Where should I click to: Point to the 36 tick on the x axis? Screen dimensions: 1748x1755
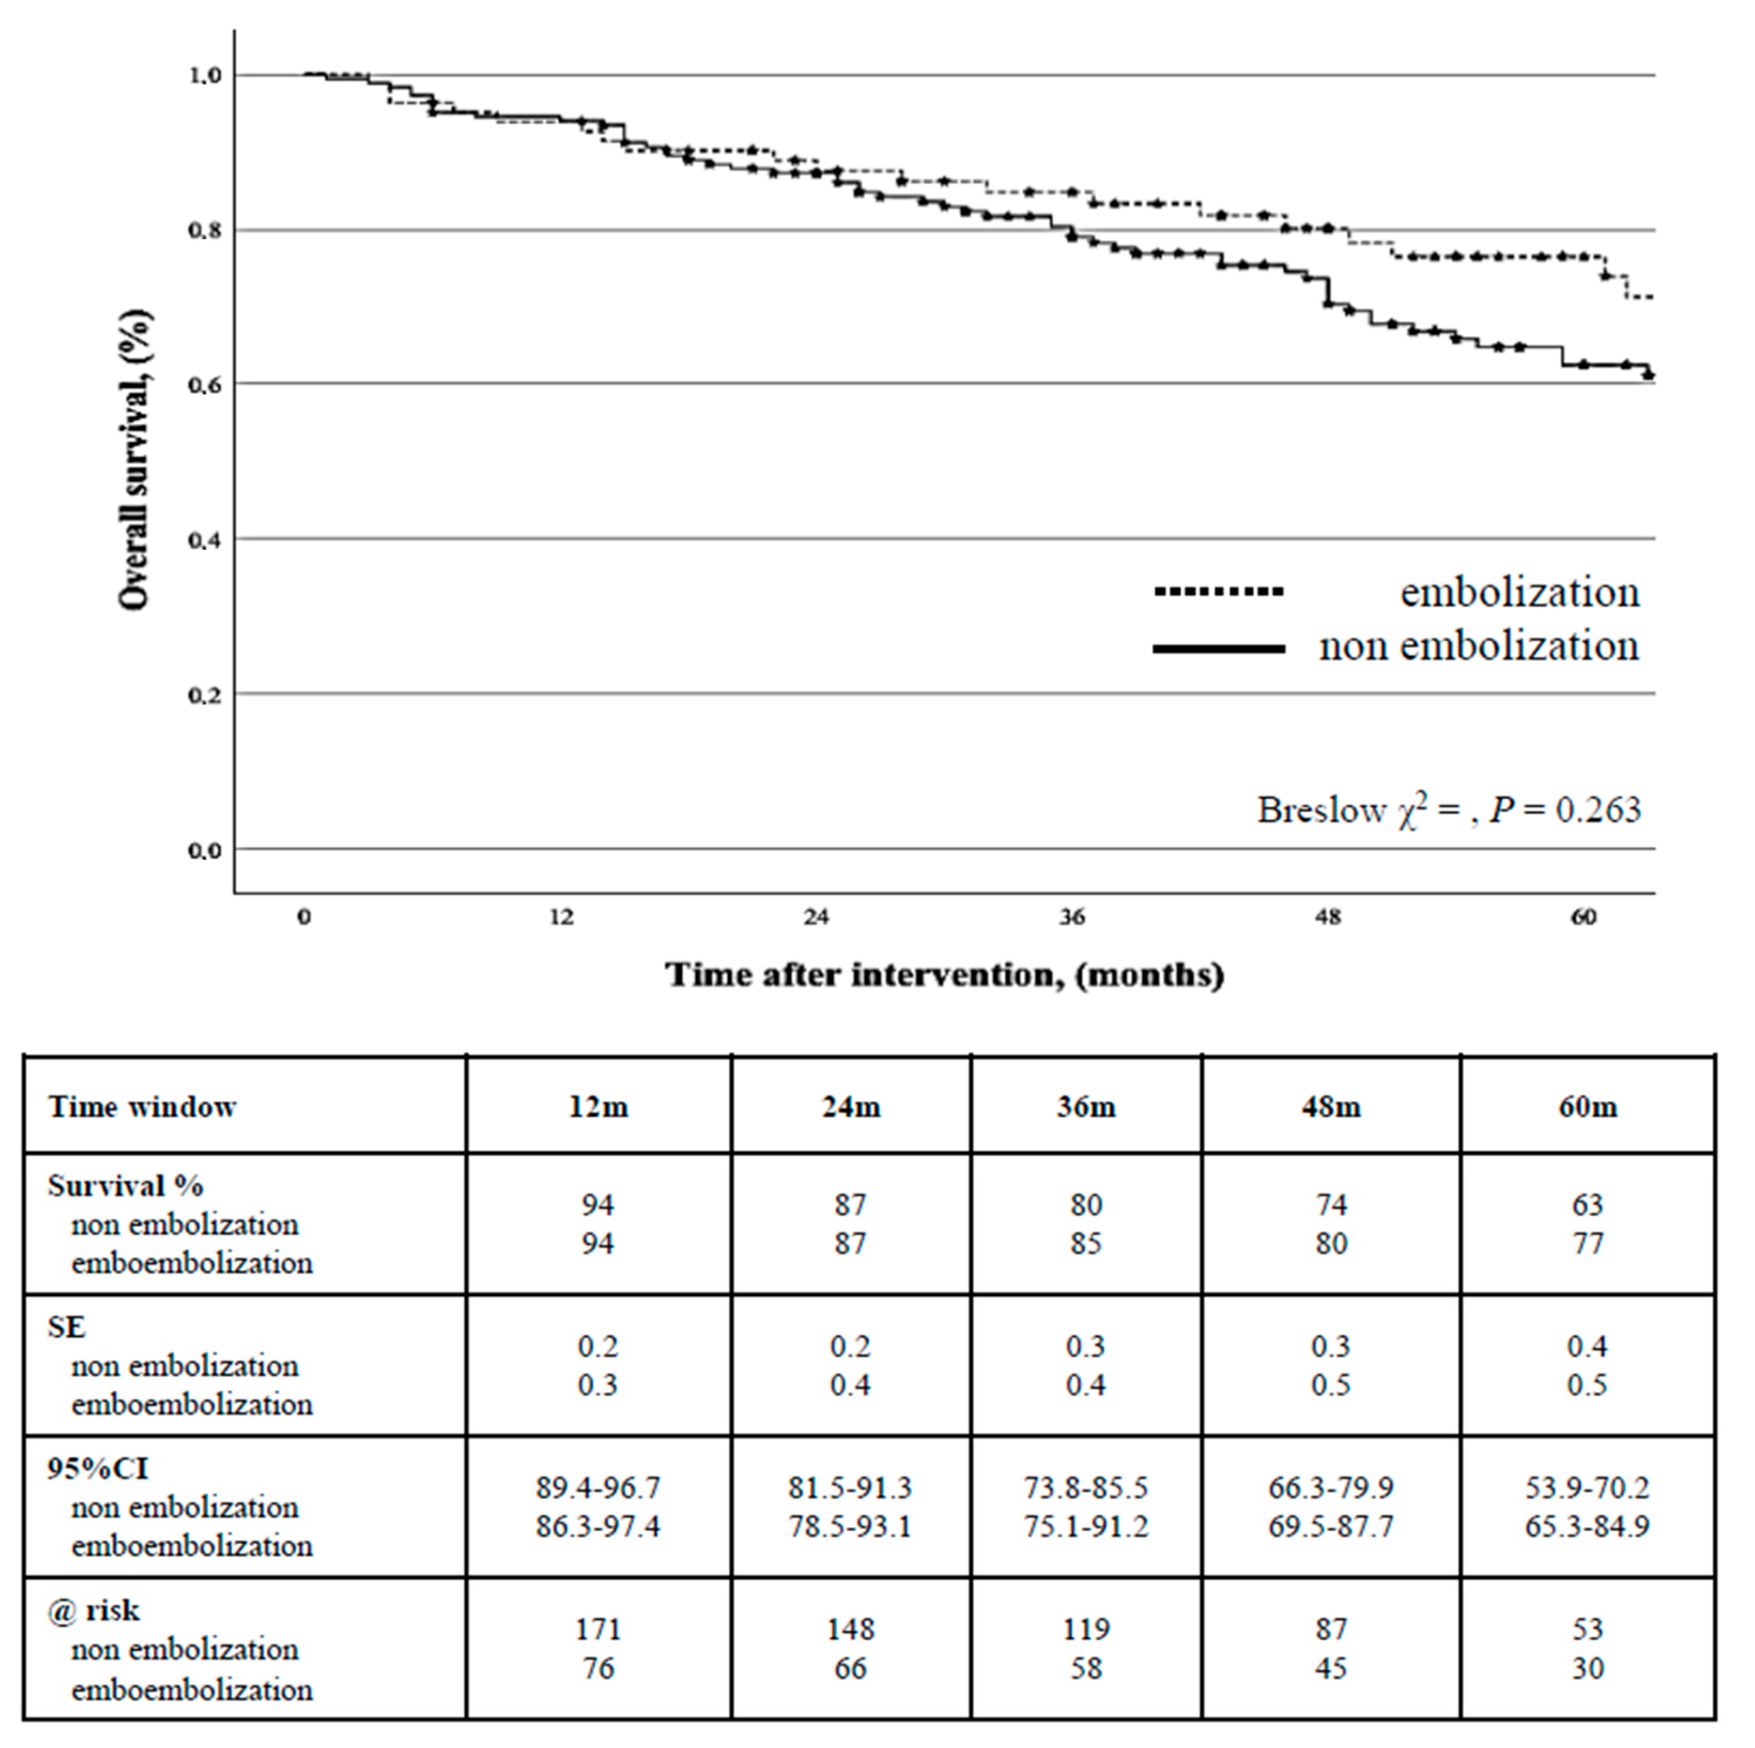click(1072, 917)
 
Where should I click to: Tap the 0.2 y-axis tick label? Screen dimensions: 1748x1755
click(205, 695)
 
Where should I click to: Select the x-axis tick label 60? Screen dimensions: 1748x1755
click(1583, 917)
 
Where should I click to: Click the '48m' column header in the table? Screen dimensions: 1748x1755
click(1331, 1107)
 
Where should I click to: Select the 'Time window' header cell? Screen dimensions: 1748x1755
click(142, 1107)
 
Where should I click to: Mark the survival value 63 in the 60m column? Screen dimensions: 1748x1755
click(1587, 1205)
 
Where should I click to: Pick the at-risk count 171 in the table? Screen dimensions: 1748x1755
click(598, 1629)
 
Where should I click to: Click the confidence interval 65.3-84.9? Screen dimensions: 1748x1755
click(1587, 1526)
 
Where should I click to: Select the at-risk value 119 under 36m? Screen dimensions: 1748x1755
click(1086, 1629)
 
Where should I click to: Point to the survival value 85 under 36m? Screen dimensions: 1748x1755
click(1086, 1243)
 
